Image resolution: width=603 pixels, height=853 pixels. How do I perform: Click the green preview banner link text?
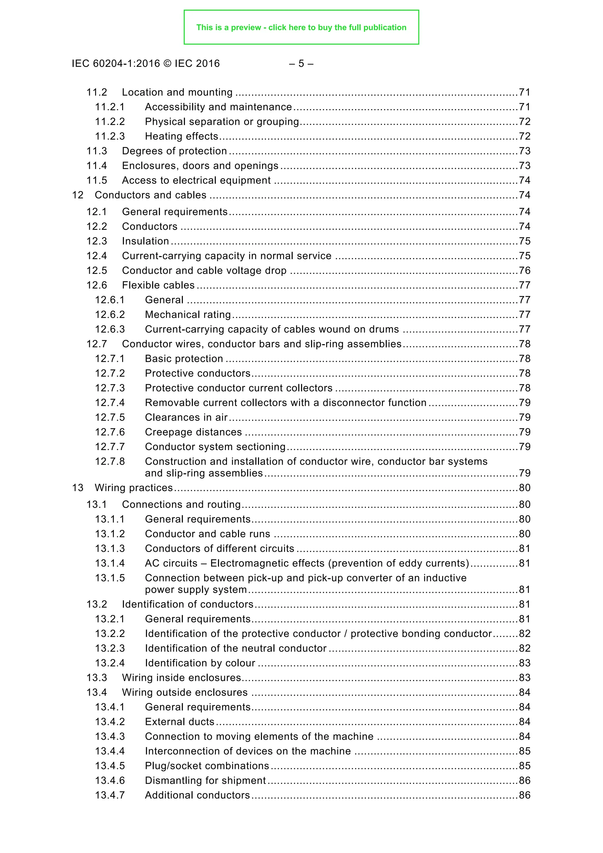[x=301, y=27]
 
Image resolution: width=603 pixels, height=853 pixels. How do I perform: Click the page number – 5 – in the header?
[x=301, y=64]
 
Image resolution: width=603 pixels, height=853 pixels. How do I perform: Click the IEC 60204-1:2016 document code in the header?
[x=116, y=64]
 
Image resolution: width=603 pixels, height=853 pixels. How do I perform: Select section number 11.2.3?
[x=110, y=136]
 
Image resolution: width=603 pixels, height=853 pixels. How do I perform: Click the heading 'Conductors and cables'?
[x=150, y=195]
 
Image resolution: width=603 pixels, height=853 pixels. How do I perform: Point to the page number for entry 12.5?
[x=524, y=270]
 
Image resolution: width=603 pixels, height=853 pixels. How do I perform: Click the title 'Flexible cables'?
[x=158, y=285]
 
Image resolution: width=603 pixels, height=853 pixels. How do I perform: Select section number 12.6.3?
[x=110, y=330]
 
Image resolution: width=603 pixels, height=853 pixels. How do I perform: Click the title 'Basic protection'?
[x=184, y=359]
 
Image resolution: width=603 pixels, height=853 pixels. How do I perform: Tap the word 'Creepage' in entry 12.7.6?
[x=167, y=432]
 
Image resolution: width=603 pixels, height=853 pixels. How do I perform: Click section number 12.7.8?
[x=110, y=462]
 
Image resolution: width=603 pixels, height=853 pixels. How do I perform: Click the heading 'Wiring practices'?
[x=134, y=488]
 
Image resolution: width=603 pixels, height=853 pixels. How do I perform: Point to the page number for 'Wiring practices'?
[x=524, y=488]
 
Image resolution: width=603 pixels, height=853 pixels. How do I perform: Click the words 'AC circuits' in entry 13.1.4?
[x=171, y=563]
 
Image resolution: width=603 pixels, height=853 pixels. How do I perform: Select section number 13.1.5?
[x=110, y=578]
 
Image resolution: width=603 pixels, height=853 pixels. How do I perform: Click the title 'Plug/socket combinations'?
[x=207, y=766]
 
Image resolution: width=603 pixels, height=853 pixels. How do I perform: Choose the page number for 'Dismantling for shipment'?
[x=524, y=781]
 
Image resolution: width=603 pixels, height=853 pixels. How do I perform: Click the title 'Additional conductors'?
[x=197, y=795]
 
